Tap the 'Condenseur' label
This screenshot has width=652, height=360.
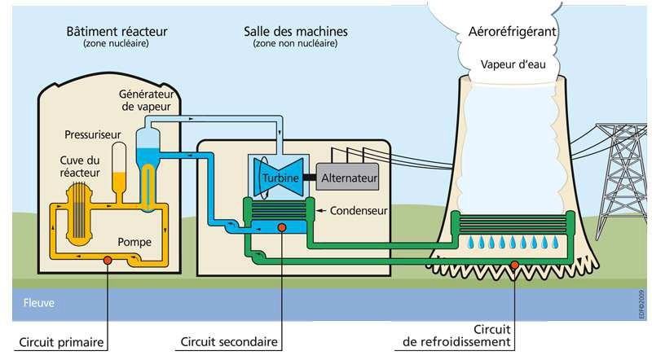358,211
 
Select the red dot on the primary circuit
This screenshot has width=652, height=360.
107,261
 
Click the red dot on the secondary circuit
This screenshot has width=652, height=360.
280,226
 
